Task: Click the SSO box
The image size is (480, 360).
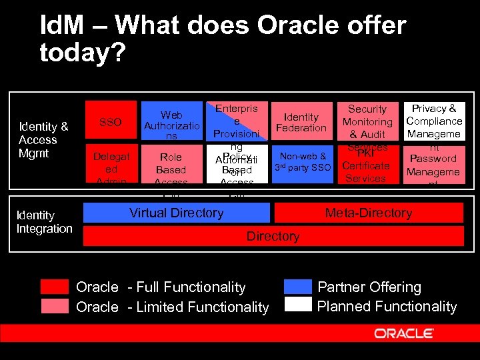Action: (x=110, y=122)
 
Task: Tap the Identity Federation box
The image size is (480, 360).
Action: (x=301, y=122)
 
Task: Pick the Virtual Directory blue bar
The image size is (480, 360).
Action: (x=177, y=213)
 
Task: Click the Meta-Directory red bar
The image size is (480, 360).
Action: (x=369, y=213)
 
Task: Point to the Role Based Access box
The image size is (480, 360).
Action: (x=171, y=167)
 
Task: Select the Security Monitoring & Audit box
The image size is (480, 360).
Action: (x=367, y=121)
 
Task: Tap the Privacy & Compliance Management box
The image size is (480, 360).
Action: (x=434, y=121)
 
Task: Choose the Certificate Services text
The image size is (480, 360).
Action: (x=365, y=172)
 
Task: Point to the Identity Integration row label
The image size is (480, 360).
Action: (x=45, y=222)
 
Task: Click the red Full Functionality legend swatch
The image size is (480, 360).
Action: (x=55, y=287)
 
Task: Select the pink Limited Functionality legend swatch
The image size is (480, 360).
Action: (x=55, y=307)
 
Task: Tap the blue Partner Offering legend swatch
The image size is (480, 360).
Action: (x=297, y=287)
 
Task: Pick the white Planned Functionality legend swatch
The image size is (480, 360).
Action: (x=297, y=305)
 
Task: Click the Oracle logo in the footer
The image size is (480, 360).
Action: (x=404, y=333)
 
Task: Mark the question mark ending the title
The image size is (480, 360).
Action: (x=118, y=52)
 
